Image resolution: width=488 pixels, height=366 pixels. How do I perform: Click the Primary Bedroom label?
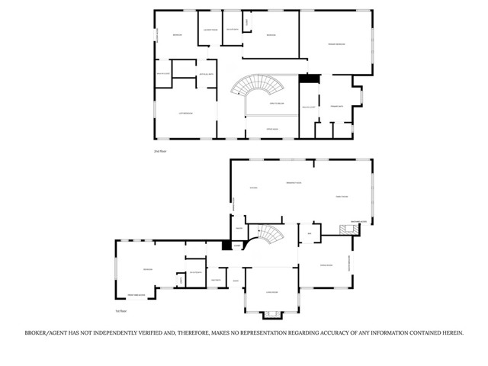click(x=336, y=45)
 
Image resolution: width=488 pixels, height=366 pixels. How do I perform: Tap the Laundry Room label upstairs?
click(x=210, y=30)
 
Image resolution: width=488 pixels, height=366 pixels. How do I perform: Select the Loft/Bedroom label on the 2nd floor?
click(x=185, y=114)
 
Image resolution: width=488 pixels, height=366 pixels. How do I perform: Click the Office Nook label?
click(x=271, y=129)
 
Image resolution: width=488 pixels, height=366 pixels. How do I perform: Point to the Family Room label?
click(x=342, y=196)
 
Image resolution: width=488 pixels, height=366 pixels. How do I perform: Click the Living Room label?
click(x=271, y=292)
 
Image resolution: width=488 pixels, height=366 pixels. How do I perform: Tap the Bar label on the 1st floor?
click(x=310, y=233)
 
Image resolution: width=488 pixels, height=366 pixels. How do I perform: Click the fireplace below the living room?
click(x=271, y=313)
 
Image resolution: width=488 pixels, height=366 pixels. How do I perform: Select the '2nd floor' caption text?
click(x=160, y=152)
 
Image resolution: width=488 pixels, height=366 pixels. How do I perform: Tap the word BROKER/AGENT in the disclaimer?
click(x=45, y=333)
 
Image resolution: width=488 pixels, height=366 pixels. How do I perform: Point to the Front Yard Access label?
click(x=138, y=294)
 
